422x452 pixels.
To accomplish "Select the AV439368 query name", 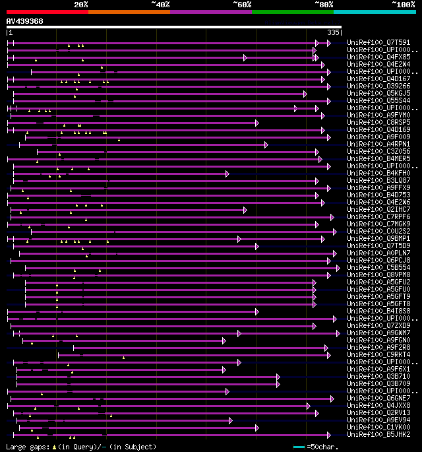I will pos(25,21).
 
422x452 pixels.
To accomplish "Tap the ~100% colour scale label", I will pos(402,4).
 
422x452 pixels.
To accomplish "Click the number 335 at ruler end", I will pos(333,32).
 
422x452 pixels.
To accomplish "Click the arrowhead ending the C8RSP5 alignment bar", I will pos(257,123).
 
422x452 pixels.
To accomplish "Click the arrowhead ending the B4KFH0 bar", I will pos(227,174).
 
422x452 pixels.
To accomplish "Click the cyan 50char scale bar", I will pos(299,447).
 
